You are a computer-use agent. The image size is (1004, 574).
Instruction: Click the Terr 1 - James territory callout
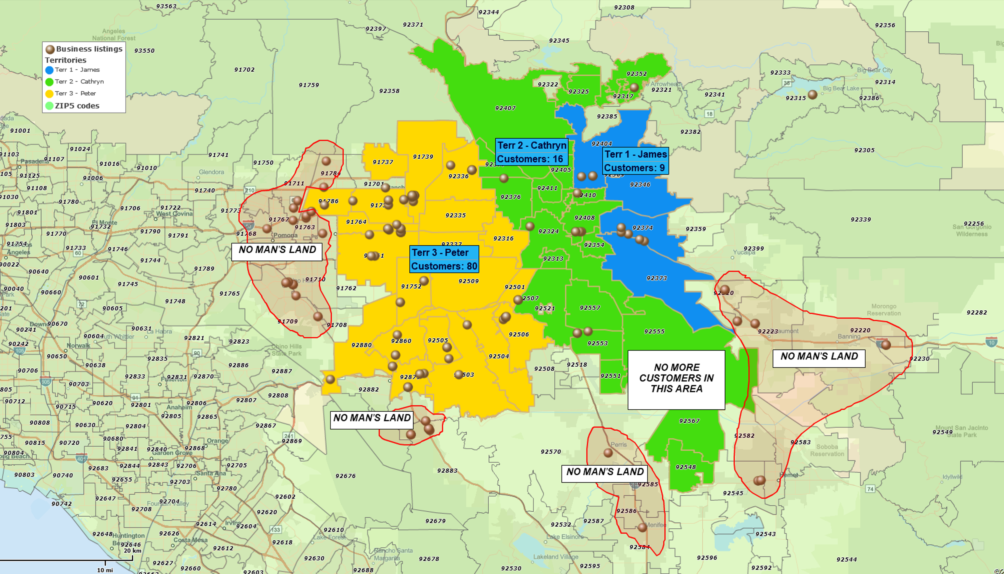[635, 161]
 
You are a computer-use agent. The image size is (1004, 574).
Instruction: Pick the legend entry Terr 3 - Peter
[75, 93]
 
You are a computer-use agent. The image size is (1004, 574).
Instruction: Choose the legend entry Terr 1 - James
[77, 70]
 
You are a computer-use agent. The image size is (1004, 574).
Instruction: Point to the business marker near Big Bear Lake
[812, 94]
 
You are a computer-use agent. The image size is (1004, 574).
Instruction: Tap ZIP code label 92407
[505, 108]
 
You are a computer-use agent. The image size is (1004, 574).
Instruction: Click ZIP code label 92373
[656, 278]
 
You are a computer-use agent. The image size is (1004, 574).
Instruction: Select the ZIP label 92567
[689, 421]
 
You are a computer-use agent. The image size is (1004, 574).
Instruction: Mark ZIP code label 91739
[423, 156]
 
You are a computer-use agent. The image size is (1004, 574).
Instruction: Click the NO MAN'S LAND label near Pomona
[277, 250]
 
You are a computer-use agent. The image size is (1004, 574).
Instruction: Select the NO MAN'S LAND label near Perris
[605, 472]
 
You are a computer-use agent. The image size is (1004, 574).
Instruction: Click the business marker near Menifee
[642, 527]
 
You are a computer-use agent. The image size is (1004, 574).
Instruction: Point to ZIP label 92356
[885, 25]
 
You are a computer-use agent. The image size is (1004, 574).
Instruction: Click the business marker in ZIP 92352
[634, 87]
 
